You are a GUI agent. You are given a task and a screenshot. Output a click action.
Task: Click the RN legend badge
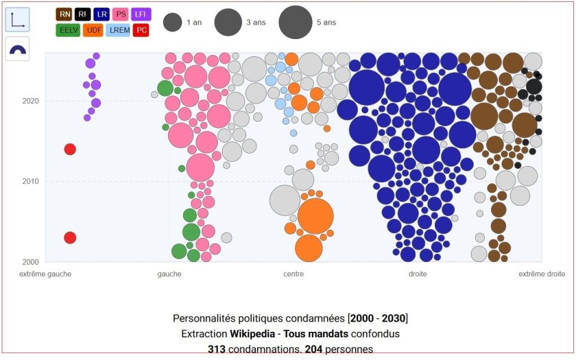coord(64,14)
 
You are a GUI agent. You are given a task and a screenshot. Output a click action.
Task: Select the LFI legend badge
coord(141,14)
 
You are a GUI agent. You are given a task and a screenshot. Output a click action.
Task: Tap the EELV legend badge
coord(67,29)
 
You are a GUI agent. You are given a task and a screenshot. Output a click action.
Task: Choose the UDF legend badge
coord(93,29)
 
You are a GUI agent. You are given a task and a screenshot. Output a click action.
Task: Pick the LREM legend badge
coord(117,29)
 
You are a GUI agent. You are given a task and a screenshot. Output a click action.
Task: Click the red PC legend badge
coord(141,29)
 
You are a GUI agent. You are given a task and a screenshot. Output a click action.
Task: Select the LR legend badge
coord(101,14)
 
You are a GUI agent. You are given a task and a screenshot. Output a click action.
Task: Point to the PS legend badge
coord(121,14)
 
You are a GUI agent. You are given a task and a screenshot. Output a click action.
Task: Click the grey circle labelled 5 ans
coord(296,23)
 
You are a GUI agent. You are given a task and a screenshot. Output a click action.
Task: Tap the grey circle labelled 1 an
coord(172,23)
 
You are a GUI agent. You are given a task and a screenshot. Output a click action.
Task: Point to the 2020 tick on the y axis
coord(30,101)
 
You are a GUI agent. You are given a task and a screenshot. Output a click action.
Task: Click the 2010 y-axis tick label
coord(30,182)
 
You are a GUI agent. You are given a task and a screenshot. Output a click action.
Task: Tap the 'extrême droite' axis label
coord(542,274)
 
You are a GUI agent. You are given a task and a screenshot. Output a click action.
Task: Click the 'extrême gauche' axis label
coord(45,274)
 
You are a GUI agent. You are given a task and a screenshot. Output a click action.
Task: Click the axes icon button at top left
coord(17,20)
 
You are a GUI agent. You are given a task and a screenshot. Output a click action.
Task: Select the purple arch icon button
coord(17,49)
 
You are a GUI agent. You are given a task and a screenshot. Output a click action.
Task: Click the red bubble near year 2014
coord(70,149)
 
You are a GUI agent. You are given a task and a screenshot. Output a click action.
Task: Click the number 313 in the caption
coord(217,349)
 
